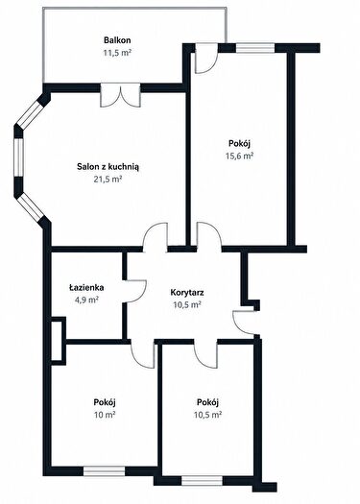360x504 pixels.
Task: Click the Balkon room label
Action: (117, 40)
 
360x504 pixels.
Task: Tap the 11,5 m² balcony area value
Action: (117, 53)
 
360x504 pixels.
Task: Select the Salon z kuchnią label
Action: (108, 167)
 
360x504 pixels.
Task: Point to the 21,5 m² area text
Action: (108, 179)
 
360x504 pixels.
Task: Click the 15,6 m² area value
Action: (239, 156)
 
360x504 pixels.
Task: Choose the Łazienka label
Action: (86, 287)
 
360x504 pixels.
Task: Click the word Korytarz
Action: (187, 293)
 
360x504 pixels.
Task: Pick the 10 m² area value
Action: (105, 415)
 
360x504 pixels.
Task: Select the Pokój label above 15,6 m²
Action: (239, 143)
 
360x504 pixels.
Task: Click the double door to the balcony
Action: (120, 95)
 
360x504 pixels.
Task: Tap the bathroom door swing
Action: (135, 291)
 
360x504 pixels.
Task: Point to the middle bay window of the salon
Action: (18, 157)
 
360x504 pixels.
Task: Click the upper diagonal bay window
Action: (30, 114)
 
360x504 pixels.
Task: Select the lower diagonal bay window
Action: (30, 207)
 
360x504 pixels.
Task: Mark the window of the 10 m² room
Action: (104, 471)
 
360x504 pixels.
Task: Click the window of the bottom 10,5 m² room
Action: (203, 481)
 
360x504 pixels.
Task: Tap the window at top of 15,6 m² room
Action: (255, 48)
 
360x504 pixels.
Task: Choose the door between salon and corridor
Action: (155, 237)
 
